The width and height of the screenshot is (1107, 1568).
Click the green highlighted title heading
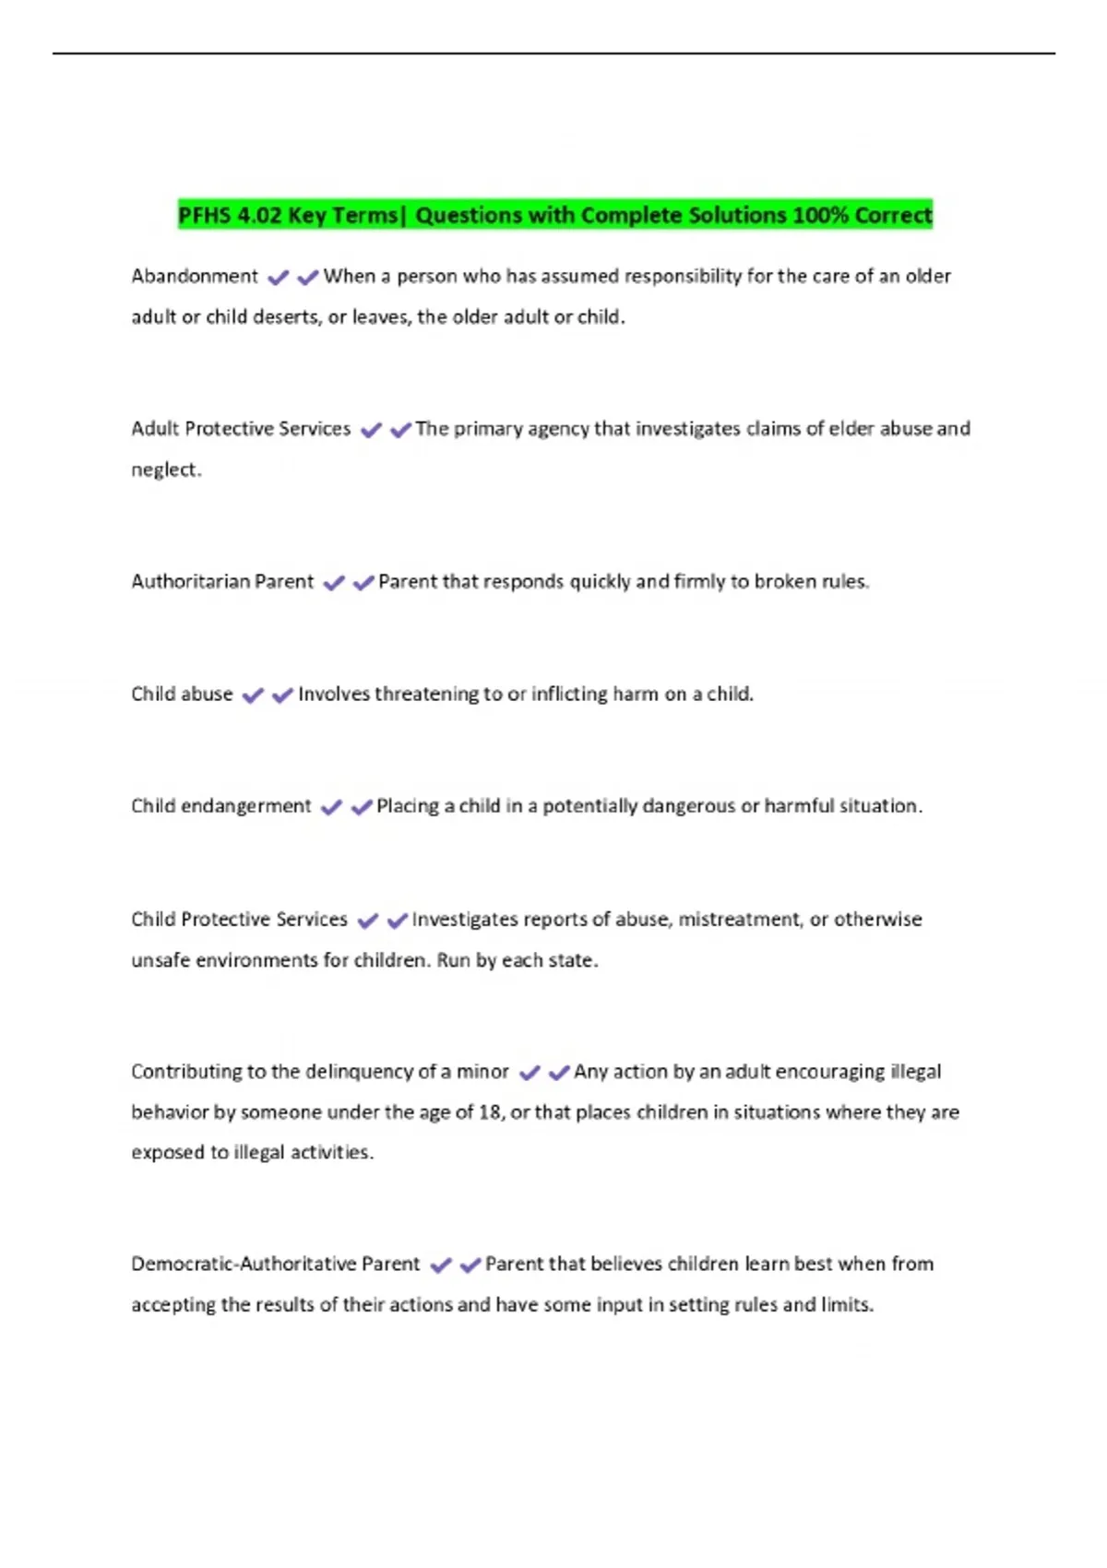(x=554, y=215)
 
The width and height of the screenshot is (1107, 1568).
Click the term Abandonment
(x=195, y=276)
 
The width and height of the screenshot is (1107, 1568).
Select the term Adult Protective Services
(x=241, y=429)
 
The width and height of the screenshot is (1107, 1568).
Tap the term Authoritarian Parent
(x=222, y=582)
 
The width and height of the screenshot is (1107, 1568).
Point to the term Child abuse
(x=182, y=694)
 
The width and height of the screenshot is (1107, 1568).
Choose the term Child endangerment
(x=221, y=806)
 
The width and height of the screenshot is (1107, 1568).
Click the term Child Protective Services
(x=239, y=920)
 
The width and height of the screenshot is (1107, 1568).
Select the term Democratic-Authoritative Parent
(x=275, y=1264)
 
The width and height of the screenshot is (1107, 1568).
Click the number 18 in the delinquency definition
(x=489, y=1112)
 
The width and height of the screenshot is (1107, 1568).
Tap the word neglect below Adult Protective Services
(x=165, y=469)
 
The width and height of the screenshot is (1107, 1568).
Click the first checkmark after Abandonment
(x=278, y=277)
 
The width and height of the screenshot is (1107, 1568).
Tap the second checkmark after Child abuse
(x=282, y=695)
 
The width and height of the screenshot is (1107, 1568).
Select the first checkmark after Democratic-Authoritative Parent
(x=441, y=1265)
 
